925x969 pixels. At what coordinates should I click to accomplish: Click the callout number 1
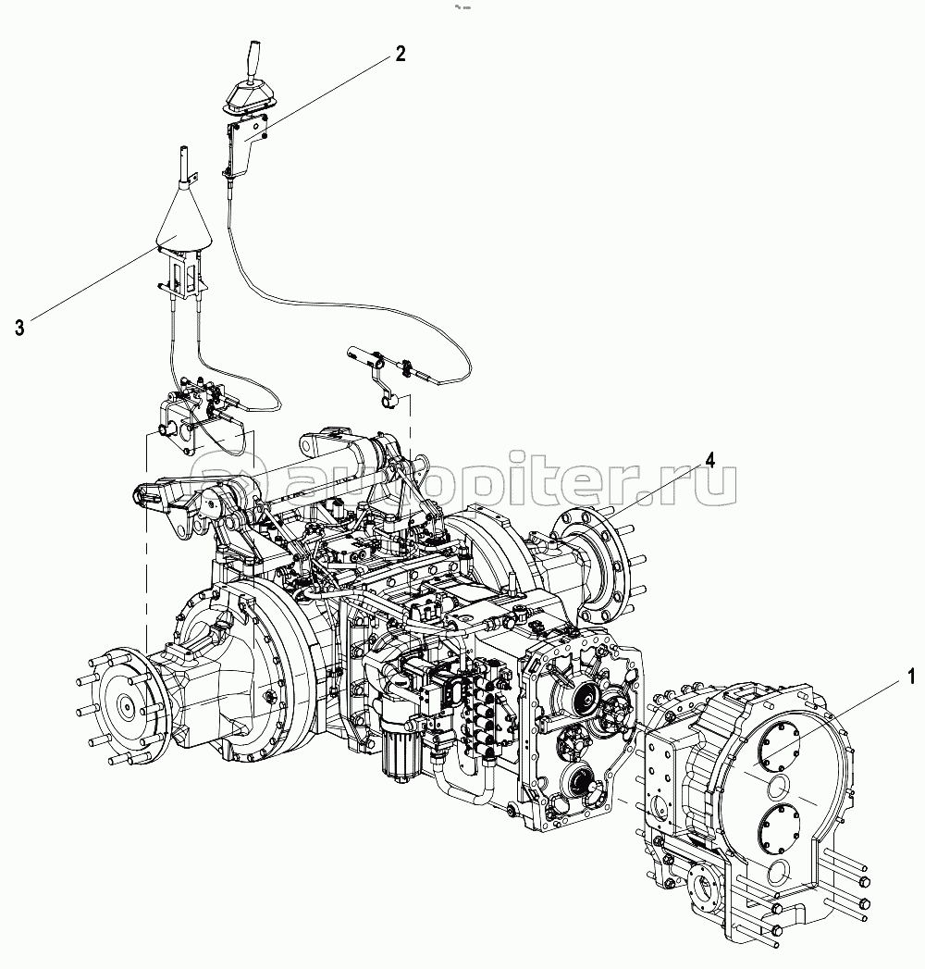[x=910, y=677]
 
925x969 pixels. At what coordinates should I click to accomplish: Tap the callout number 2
[x=401, y=55]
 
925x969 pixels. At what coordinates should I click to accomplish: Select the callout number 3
[x=19, y=328]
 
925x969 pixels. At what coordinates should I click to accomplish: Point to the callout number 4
[x=710, y=460]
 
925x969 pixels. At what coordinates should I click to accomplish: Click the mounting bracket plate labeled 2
[x=247, y=145]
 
